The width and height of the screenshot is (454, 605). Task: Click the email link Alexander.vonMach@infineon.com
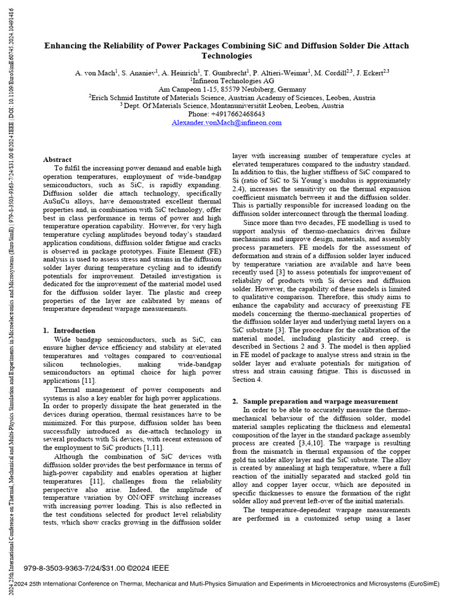[x=226, y=123]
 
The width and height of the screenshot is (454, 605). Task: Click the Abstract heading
[x=57, y=160]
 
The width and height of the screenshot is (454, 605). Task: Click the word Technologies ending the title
[x=227, y=56]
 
